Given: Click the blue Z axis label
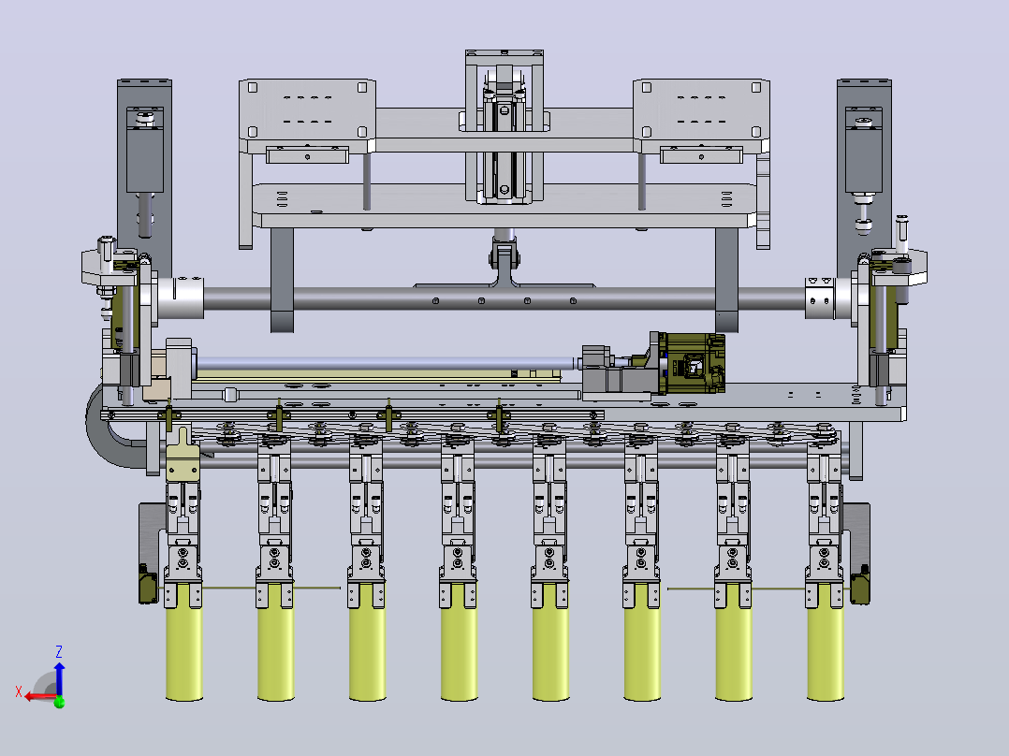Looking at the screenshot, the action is (x=59, y=651).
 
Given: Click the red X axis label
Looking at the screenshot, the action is (x=19, y=691).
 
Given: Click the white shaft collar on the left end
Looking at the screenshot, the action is (x=181, y=298).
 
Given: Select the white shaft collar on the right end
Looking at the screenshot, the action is (x=820, y=298).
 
